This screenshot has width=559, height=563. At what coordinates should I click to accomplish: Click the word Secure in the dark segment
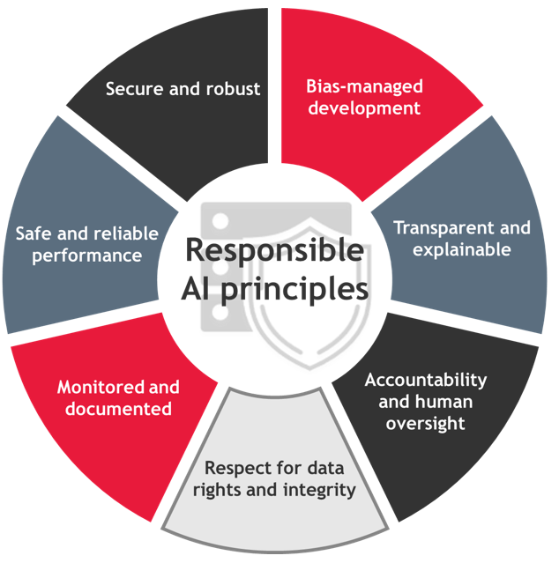[134, 89]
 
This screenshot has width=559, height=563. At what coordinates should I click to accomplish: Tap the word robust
[233, 89]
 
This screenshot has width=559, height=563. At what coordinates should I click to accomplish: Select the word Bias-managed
[364, 87]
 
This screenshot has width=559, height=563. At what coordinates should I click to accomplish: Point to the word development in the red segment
[364, 108]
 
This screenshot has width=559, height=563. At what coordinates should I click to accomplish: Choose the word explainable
[462, 249]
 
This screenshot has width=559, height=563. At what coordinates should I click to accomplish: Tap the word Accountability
[426, 380]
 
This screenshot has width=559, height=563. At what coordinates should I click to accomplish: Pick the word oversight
[425, 423]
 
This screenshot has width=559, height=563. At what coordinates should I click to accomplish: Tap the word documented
[118, 409]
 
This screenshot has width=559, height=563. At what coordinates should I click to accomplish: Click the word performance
[87, 256]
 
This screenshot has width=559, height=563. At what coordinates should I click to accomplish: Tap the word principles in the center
[294, 291]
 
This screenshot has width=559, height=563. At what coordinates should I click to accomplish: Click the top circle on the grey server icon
[220, 221]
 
